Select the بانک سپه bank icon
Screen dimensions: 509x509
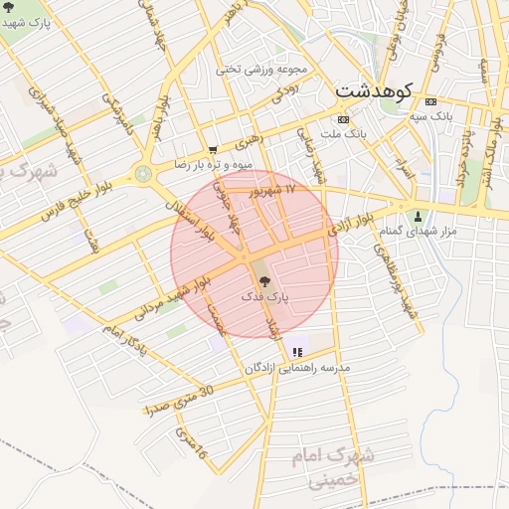(x=430, y=102)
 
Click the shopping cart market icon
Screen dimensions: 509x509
(x=213, y=150)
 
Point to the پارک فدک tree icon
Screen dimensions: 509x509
(x=263, y=282)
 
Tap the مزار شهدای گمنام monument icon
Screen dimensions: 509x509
(x=418, y=217)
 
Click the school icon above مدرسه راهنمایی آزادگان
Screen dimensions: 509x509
(x=296, y=352)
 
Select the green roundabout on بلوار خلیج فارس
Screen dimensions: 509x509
(x=145, y=175)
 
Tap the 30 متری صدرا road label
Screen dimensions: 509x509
(x=178, y=400)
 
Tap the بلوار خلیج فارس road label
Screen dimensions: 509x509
(x=76, y=199)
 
